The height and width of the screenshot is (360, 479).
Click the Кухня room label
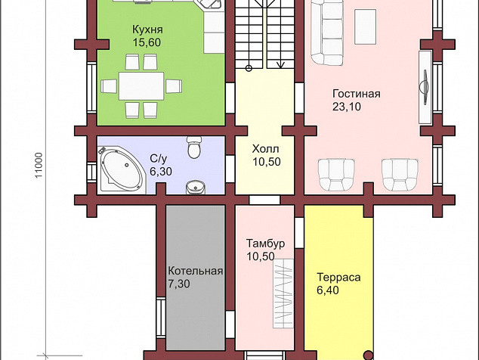point(147,29)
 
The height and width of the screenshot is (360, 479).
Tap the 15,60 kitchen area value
point(147,42)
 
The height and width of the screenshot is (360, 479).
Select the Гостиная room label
point(357,94)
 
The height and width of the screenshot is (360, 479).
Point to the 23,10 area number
point(347,107)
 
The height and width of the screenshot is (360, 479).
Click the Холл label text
point(265,149)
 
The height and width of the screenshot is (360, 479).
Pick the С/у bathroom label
point(159,159)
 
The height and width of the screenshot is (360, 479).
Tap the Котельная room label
point(195,271)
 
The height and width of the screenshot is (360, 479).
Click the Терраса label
point(338,277)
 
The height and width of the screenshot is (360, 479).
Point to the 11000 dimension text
point(39,165)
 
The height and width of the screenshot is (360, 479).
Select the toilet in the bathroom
point(194,147)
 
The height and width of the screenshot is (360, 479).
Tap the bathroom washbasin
point(195,187)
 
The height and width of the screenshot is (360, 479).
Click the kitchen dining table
point(141,86)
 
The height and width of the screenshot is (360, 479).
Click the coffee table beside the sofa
point(366,26)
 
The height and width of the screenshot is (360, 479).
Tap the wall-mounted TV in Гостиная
point(425,87)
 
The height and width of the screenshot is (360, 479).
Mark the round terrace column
point(369,355)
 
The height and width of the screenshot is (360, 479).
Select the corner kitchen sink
point(209,5)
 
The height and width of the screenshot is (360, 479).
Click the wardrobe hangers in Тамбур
point(283,293)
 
